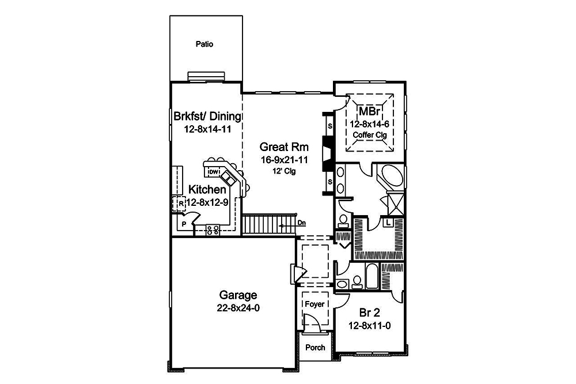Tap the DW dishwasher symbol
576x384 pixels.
coord(213,172)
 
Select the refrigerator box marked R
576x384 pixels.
coord(180,204)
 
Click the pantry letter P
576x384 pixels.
coord(183,223)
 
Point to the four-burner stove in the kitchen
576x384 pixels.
coord(213,229)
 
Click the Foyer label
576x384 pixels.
coord(314,304)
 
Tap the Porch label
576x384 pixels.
coord(315,347)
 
